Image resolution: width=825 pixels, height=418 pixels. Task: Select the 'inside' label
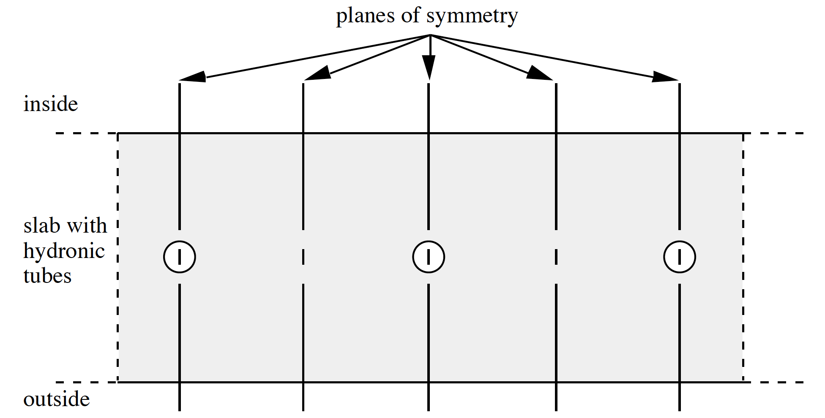(51, 104)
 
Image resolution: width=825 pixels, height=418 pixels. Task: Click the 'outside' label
(57, 399)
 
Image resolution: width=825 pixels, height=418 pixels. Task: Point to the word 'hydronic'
(64, 252)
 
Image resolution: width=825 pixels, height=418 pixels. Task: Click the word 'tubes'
(47, 276)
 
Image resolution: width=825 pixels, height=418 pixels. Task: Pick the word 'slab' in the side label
(41, 225)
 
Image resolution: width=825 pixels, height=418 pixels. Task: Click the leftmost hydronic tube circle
(180, 257)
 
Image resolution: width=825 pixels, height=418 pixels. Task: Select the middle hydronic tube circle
(429, 257)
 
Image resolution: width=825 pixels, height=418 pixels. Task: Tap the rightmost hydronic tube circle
(680, 257)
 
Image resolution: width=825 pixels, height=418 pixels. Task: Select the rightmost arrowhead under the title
(665, 77)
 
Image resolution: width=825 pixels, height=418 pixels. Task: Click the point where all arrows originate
(430, 35)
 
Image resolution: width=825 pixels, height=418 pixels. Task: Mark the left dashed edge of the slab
(117, 258)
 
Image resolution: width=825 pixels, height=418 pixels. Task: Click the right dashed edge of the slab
(743, 258)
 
